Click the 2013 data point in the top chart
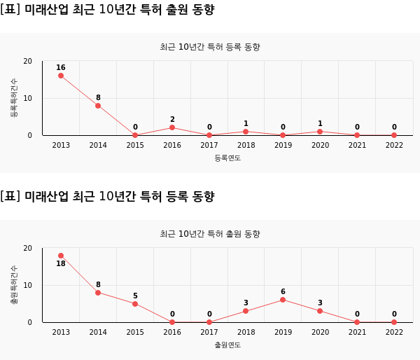point(61,76)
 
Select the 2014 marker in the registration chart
point(98,106)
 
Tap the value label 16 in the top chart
point(61,68)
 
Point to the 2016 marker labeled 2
point(172,127)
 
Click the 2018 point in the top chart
point(246,132)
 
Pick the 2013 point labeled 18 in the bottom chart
point(61,256)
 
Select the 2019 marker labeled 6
point(283,300)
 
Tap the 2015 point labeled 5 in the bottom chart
point(135,304)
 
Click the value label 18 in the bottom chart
point(61,263)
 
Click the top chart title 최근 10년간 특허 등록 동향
point(210,47)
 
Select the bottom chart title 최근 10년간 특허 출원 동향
point(210,234)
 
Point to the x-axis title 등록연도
point(227,158)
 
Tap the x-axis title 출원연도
point(227,345)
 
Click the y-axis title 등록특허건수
point(14,97)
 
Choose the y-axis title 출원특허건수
point(14,284)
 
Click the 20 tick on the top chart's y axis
point(28,61)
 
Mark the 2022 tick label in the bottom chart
point(394,332)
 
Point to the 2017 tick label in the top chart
point(209,145)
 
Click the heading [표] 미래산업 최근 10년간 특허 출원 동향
point(107,10)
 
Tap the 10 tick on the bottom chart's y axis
point(28,285)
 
